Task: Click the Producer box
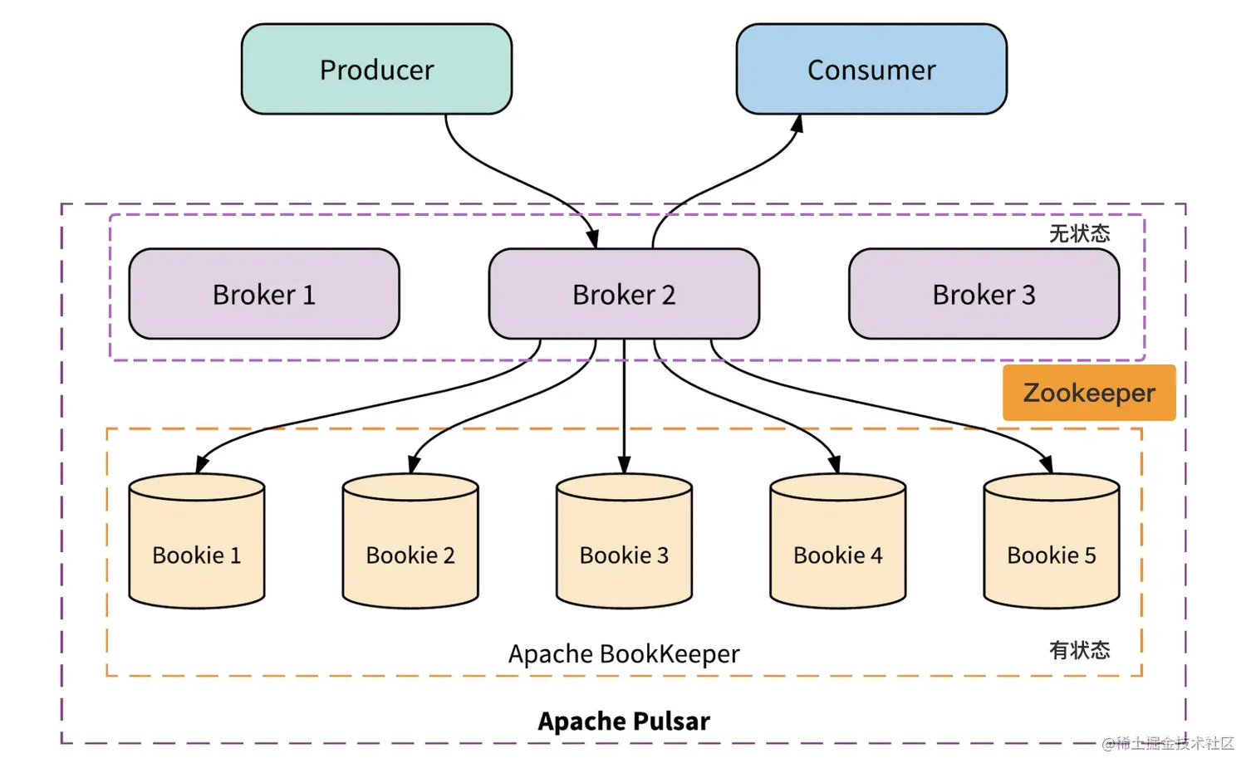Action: click(376, 70)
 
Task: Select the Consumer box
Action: click(871, 70)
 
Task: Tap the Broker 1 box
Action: click(264, 295)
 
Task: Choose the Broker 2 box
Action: click(624, 295)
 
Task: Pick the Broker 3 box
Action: click(984, 295)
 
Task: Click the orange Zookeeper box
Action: click(1088, 393)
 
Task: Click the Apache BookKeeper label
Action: click(624, 654)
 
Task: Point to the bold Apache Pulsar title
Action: click(624, 721)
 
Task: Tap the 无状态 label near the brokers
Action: click(1079, 234)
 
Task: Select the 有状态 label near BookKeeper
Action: click(1079, 650)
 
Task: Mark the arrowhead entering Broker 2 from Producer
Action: click(593, 239)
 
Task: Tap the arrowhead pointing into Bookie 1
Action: click(202, 464)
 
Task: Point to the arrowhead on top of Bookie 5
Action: click(1047, 464)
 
